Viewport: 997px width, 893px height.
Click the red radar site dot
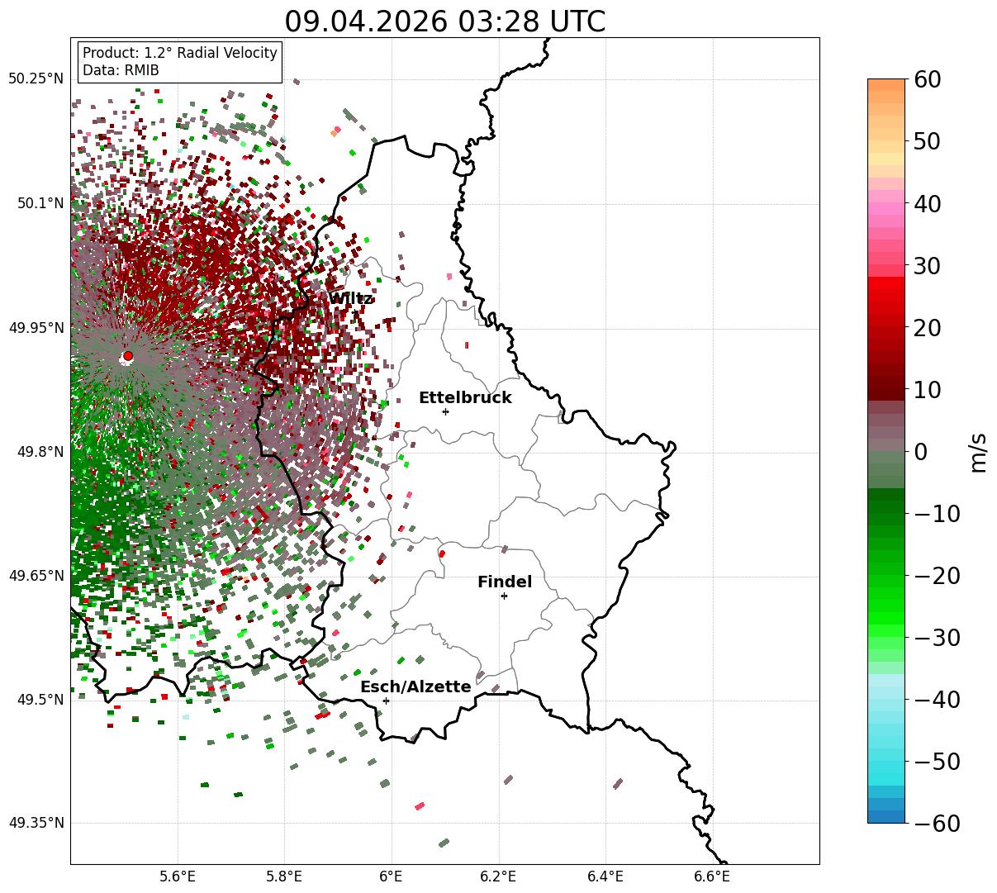tap(128, 355)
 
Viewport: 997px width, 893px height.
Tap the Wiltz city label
tap(350, 298)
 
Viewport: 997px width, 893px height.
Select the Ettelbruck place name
tap(465, 397)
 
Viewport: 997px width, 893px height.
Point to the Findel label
tap(505, 582)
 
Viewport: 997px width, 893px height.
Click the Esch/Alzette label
tap(415, 686)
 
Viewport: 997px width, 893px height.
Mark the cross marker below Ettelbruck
tap(445, 411)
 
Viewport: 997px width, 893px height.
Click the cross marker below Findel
tap(504, 596)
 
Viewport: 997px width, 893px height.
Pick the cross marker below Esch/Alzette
tap(386, 701)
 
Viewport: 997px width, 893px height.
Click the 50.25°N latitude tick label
tap(36, 78)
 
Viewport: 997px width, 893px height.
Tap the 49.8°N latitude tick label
tap(40, 452)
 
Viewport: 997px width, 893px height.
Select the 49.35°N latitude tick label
tap(36, 823)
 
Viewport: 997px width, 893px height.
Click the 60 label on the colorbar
tap(927, 79)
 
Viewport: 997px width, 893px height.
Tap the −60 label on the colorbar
tap(937, 823)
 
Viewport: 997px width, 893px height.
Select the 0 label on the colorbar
tap(921, 451)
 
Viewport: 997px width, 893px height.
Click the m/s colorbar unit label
tap(978, 453)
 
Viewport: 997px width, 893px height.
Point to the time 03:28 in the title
tap(499, 21)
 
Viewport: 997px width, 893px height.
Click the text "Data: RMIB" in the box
tap(121, 70)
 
